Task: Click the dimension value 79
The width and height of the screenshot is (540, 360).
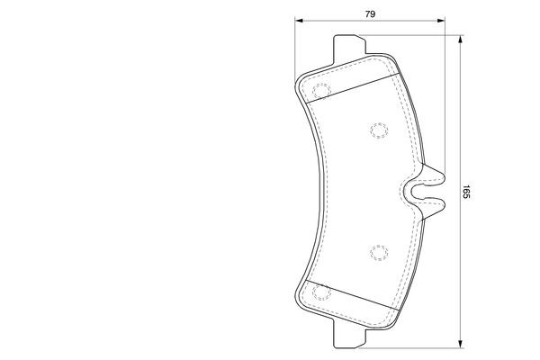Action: [x=370, y=14]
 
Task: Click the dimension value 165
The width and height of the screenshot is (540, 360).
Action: [x=466, y=192]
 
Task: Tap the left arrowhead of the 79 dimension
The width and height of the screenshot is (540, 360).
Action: [x=299, y=21]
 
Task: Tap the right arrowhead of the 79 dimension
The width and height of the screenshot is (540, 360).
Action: [x=441, y=21]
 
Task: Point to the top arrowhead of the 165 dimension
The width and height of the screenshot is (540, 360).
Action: [x=460, y=39]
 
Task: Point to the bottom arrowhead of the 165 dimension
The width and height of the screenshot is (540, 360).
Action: [x=460, y=344]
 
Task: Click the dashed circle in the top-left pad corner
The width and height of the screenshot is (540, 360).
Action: [x=321, y=91]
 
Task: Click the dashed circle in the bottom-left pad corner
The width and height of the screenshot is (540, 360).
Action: [x=321, y=292]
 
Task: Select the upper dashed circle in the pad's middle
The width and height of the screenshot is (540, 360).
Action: [x=379, y=130]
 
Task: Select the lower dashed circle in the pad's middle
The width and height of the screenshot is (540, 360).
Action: [x=379, y=253]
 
